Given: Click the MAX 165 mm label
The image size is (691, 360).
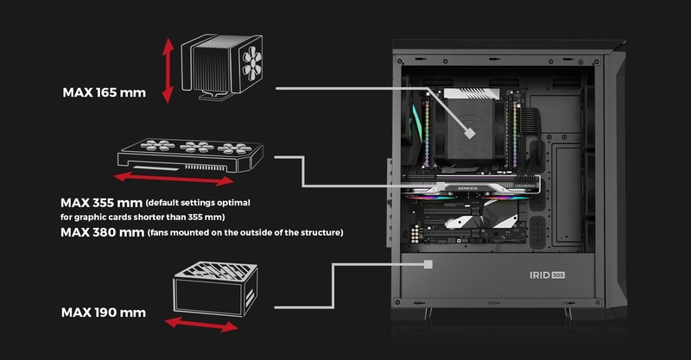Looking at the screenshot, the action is pyautogui.click(x=104, y=92).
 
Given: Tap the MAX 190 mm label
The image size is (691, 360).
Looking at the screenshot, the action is pyautogui.click(x=104, y=313).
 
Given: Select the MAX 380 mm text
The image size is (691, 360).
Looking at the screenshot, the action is pyautogui.click(x=102, y=232).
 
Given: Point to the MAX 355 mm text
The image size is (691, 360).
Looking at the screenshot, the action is pyautogui.click(x=101, y=203).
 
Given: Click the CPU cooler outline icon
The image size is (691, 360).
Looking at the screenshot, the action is pyautogui.click(x=222, y=66).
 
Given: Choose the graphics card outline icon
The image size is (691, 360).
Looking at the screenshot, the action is pyautogui.click(x=190, y=155).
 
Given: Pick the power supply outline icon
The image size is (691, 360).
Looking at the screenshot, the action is pyautogui.click(x=215, y=288).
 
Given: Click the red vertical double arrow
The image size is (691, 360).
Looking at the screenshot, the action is pyautogui.click(x=168, y=71).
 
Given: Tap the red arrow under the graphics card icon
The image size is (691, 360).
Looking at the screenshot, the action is pyautogui.click(x=174, y=178).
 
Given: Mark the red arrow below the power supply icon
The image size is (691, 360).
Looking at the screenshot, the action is pyautogui.click(x=201, y=325).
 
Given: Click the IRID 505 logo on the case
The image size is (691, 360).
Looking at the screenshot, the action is pyautogui.click(x=547, y=275).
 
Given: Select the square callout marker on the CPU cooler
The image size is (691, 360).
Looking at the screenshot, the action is pyautogui.click(x=470, y=133).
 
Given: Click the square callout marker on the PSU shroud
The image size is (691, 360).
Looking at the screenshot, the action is pyautogui.click(x=428, y=264).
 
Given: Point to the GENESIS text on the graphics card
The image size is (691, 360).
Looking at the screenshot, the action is pyautogui.click(x=467, y=188).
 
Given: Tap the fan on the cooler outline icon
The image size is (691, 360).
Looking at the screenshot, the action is pyautogui.click(x=251, y=64).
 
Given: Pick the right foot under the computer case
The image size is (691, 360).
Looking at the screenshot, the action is pyautogui.click(x=567, y=313).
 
